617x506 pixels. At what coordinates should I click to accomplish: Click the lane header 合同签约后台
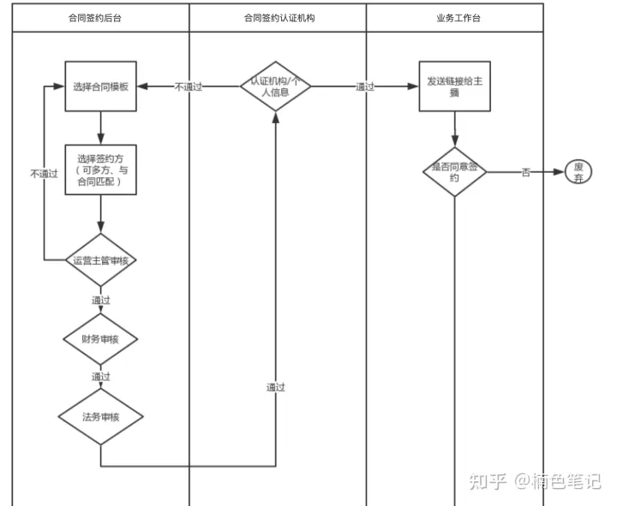[100, 18]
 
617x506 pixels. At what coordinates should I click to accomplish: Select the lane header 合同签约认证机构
[278, 18]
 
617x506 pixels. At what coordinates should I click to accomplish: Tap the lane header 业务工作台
[454, 18]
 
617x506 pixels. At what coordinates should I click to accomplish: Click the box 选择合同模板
[101, 86]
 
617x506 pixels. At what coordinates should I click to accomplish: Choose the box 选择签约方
[101, 170]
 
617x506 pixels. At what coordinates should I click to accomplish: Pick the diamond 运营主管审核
[101, 260]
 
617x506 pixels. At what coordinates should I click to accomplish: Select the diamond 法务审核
[101, 417]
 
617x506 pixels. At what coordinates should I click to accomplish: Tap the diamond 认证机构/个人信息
[275, 86]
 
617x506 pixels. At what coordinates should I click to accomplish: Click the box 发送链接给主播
[454, 86]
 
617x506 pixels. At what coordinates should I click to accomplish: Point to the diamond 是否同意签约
[454, 172]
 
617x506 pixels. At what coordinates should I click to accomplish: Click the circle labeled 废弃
[579, 172]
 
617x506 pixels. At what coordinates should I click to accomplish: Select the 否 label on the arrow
[525, 172]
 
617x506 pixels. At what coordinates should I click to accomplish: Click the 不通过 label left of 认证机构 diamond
[189, 86]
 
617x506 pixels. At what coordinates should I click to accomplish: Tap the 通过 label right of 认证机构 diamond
[365, 86]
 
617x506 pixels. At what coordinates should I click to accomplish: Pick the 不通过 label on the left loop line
[44, 173]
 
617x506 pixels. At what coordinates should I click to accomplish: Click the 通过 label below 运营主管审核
[101, 300]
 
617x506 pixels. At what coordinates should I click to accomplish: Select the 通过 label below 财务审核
[101, 377]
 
